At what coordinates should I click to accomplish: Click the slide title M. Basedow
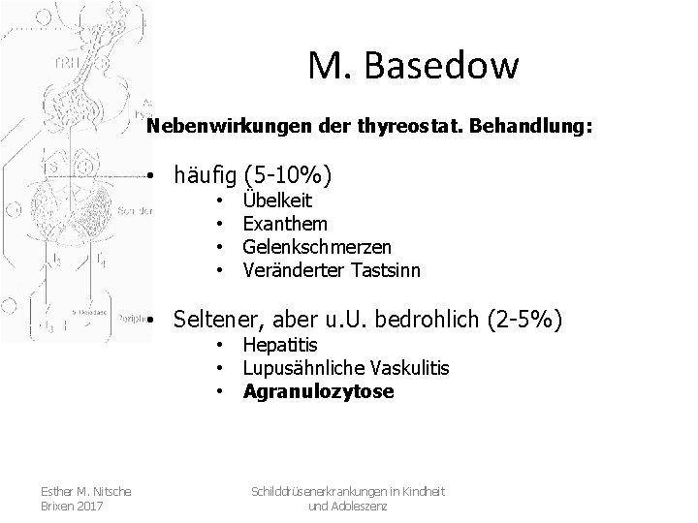(414, 66)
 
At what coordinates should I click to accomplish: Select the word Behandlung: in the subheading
(539, 126)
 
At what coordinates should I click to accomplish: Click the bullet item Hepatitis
(280, 346)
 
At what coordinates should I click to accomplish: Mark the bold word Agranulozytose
(318, 391)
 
